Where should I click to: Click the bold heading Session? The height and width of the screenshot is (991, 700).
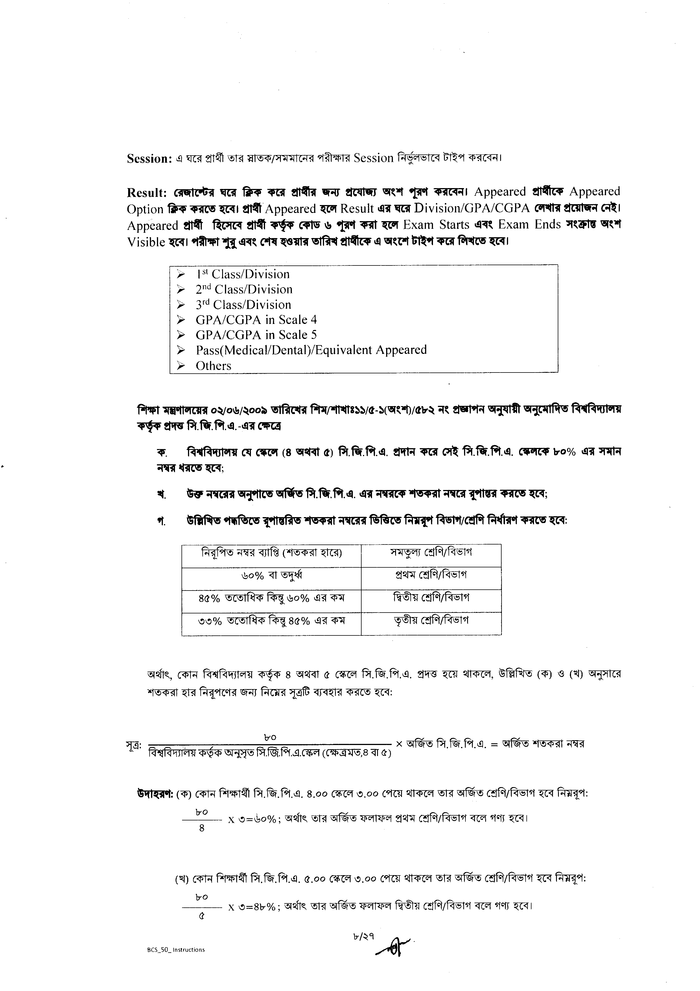click(x=150, y=159)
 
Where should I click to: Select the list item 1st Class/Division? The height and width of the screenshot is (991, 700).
click(x=243, y=275)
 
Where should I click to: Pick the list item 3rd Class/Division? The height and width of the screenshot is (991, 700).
click(x=243, y=305)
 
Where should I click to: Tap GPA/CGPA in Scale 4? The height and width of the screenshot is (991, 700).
click(x=256, y=320)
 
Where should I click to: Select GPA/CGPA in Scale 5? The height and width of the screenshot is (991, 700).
click(x=256, y=335)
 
